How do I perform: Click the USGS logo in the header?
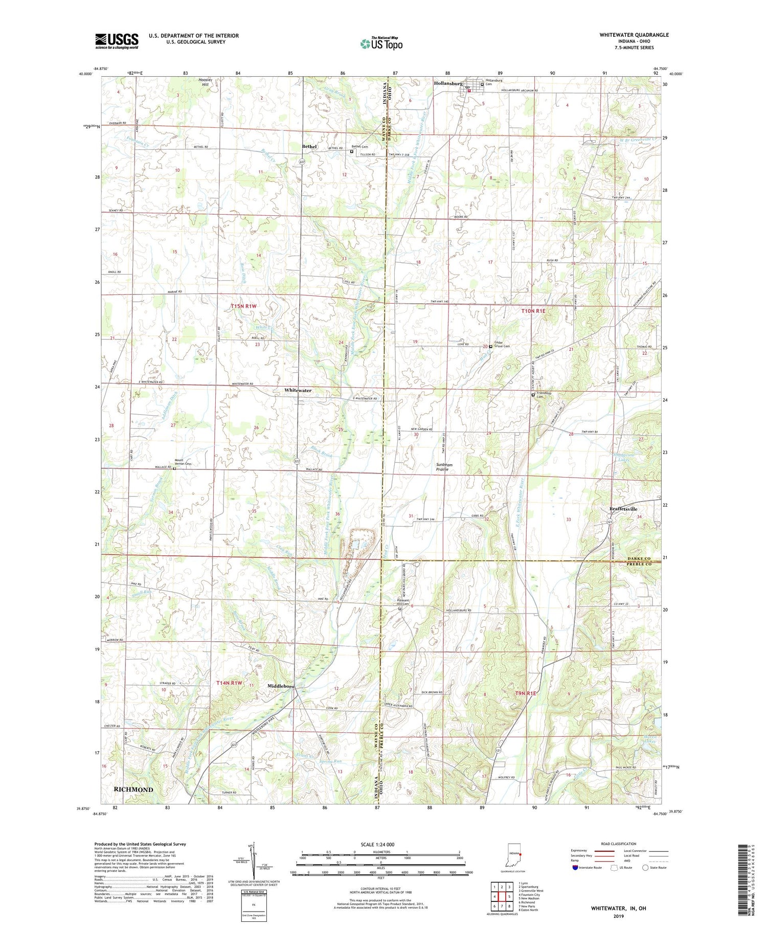(117, 41)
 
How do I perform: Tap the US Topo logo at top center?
(381, 43)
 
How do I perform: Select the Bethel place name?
(309, 147)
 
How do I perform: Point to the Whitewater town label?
(298, 390)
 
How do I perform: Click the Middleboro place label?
(281, 686)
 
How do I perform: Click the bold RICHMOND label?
(133, 789)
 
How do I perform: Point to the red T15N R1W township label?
(243, 306)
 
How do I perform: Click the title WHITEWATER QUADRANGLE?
(634, 35)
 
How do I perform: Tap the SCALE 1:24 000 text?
(380, 844)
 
